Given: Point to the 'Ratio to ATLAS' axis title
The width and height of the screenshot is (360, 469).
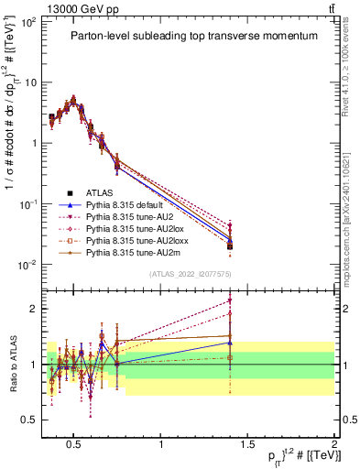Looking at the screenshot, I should (12, 364).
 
